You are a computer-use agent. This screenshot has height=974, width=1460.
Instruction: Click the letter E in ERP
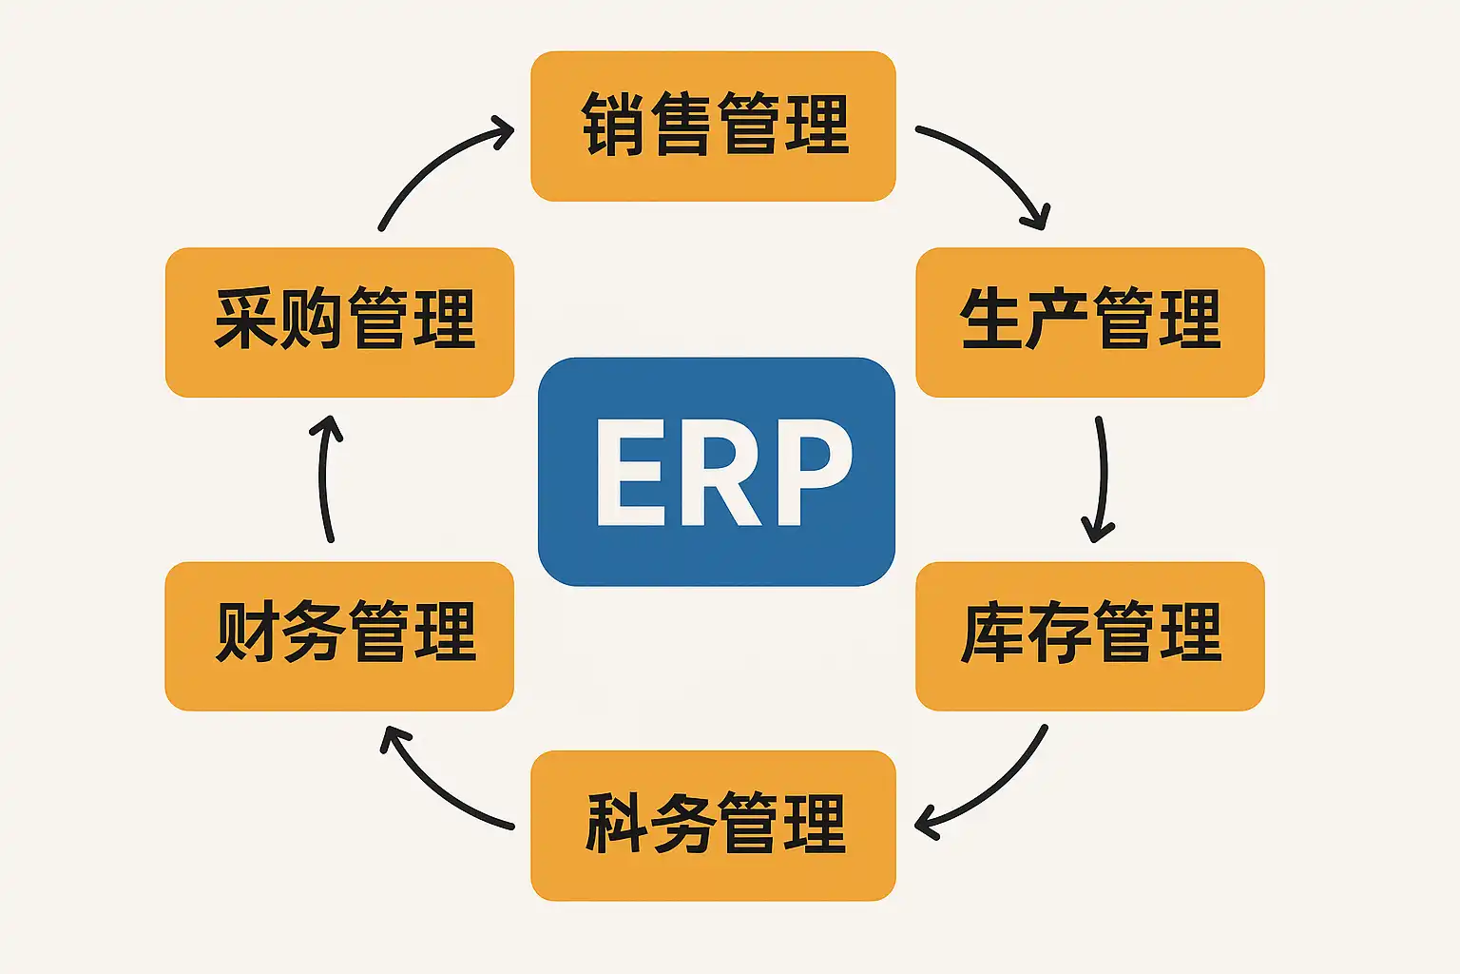click(x=629, y=472)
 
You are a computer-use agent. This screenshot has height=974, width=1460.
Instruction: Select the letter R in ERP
click(x=720, y=472)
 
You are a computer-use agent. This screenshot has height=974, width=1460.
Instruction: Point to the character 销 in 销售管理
click(x=613, y=125)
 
